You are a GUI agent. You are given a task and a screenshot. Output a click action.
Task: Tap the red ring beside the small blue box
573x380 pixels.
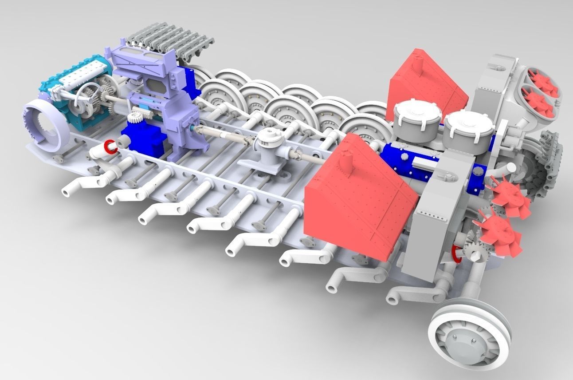(110, 146)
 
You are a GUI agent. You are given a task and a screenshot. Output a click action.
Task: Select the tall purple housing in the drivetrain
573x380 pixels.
(160, 98)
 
